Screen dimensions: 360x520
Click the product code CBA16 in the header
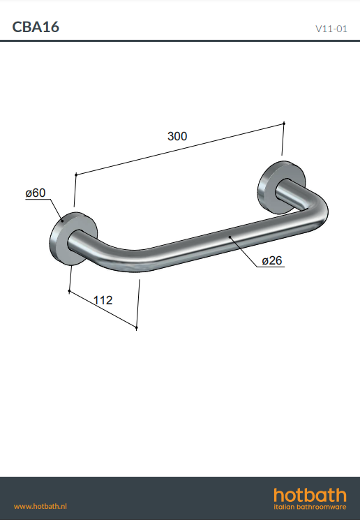click(36, 27)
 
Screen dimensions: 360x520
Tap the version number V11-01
click(331, 29)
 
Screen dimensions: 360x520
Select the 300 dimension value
click(177, 136)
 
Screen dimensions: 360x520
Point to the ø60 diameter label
click(36, 193)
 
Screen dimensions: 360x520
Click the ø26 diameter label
click(272, 260)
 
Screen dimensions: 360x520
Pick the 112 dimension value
click(103, 300)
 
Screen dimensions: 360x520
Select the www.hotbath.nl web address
click(40, 507)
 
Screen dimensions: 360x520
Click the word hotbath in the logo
click(310, 496)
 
